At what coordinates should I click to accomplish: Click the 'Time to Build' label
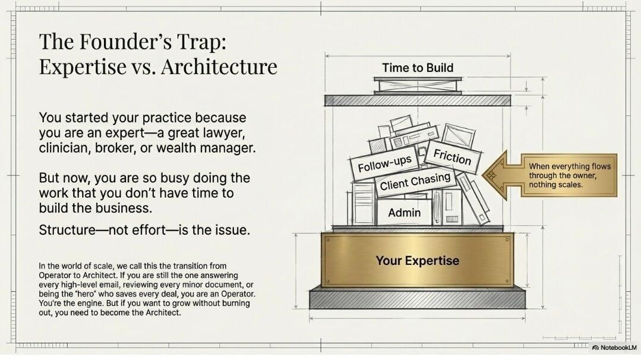[x=418, y=67]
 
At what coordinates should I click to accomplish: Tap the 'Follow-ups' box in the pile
[x=384, y=163]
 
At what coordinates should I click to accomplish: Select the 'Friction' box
[x=451, y=157]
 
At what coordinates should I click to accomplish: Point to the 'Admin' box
[x=404, y=213]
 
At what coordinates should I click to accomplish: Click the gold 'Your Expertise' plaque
[x=418, y=260]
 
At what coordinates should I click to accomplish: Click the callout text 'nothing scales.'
[x=555, y=185]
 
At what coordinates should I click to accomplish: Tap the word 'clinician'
[x=65, y=148]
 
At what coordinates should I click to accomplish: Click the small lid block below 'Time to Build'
[x=418, y=86]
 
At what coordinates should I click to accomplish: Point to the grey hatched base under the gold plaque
[x=418, y=298]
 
